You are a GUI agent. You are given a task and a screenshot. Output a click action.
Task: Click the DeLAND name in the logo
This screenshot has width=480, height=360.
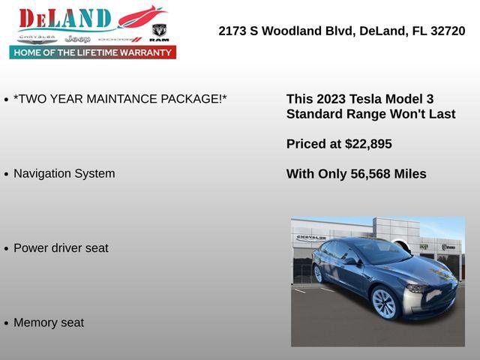pos(64,19)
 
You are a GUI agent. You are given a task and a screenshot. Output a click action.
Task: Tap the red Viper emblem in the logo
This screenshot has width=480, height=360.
pos(141,16)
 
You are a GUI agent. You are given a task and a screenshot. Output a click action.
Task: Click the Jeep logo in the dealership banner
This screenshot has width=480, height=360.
pos(77,38)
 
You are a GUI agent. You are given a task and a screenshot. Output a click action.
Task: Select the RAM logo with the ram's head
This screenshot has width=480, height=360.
pos(159,32)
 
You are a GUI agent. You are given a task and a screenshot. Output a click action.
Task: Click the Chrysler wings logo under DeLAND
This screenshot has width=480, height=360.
pos(37,38)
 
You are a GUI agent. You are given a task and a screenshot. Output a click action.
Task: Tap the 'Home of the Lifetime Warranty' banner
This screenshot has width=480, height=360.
pos(93,52)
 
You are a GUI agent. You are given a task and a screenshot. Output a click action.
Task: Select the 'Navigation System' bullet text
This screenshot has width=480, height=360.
pos(64,173)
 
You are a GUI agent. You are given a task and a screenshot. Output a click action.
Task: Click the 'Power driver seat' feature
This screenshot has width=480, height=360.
pos(61,247)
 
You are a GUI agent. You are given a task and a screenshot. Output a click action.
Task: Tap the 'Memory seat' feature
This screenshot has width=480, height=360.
pos(49,322)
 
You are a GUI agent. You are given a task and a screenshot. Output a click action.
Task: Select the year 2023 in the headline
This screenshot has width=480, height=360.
pos(331,99)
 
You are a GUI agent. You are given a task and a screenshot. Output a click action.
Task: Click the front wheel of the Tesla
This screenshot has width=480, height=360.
pos(384,303)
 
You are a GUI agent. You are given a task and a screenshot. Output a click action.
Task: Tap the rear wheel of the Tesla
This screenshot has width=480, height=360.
pos(318,274)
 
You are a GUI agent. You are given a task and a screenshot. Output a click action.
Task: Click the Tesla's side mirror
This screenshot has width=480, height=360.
pos(350,262)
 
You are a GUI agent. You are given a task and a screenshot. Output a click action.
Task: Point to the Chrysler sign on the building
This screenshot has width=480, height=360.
pos(311,237)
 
